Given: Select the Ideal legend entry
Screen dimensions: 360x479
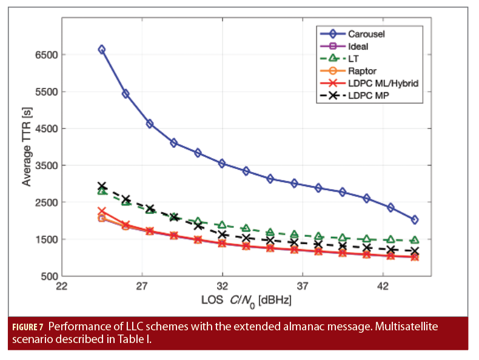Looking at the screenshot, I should coord(358,45).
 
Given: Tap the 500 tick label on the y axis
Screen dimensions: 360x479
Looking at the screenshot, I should coord(49,276).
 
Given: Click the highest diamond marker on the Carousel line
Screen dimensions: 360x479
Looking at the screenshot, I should coord(102,50).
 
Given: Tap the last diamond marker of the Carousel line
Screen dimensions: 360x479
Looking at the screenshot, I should coord(414,220).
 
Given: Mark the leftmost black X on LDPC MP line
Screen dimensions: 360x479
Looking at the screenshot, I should coord(102,186).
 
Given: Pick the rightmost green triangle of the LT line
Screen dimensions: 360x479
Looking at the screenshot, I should coord(414,241).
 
